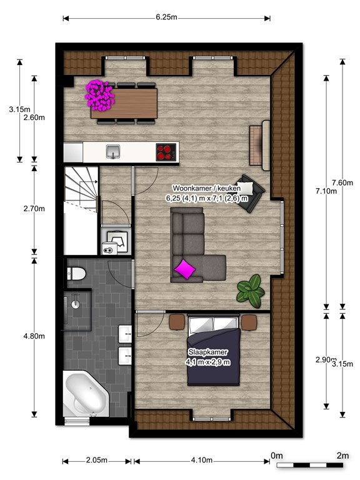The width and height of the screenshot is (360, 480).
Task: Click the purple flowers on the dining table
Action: (x=99, y=94)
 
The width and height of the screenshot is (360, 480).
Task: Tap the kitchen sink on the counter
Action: (x=113, y=151)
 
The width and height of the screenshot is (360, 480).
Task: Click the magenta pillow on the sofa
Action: (x=185, y=269)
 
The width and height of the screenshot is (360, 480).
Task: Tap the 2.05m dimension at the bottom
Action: (x=96, y=461)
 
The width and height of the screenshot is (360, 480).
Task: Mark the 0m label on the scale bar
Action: (x=276, y=455)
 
